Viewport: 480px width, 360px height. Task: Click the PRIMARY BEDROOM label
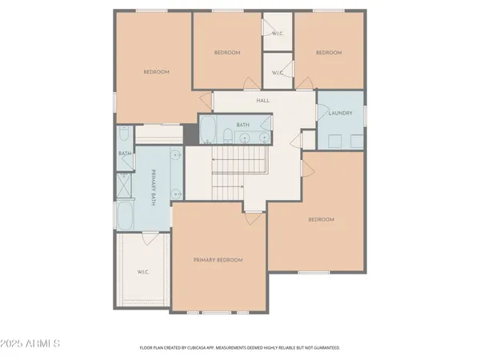pyautogui.click(x=218, y=260)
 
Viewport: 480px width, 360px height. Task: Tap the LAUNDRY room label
pyautogui.click(x=340, y=114)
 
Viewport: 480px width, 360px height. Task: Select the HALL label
pyautogui.click(x=262, y=101)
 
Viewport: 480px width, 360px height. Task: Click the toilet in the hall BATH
pyautogui.click(x=227, y=135)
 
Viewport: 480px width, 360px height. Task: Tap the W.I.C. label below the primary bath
pyautogui.click(x=142, y=272)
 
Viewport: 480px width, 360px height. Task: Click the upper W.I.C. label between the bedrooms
pyautogui.click(x=278, y=34)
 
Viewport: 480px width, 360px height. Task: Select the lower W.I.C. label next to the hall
pyautogui.click(x=278, y=73)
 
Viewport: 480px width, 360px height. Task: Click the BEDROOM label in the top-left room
pyautogui.click(x=156, y=72)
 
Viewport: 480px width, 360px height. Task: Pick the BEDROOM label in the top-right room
pyautogui.click(x=329, y=53)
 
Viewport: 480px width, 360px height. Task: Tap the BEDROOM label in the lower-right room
pyautogui.click(x=321, y=219)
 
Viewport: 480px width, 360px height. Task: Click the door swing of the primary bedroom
pyautogui.click(x=252, y=216)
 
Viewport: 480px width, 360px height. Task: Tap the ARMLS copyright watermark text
pyautogui.click(x=32, y=344)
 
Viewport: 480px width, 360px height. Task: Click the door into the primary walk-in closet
pyautogui.click(x=150, y=238)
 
